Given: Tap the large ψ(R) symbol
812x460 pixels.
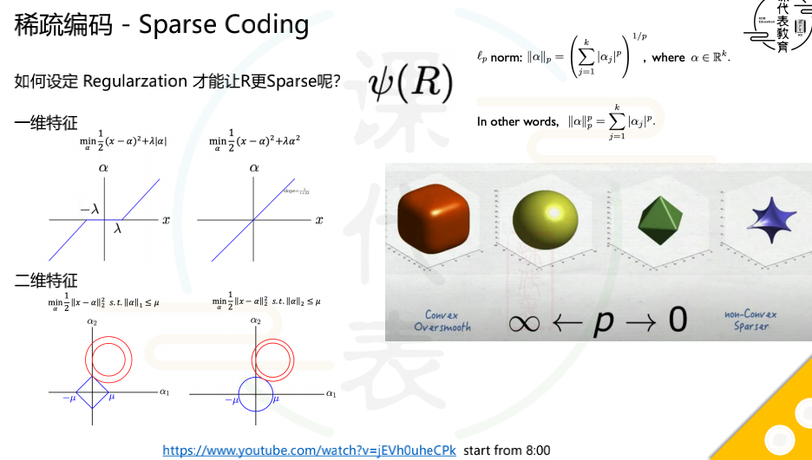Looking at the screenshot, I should click(x=411, y=82).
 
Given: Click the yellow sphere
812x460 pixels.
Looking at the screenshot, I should click(x=545, y=216).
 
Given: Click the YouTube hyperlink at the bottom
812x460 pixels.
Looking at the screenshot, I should click(x=309, y=450).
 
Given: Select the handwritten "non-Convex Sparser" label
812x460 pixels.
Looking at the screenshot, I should click(x=751, y=321).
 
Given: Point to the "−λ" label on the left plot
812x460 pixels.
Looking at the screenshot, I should click(x=89, y=209).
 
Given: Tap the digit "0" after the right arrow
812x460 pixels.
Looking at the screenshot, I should click(x=678, y=321).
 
